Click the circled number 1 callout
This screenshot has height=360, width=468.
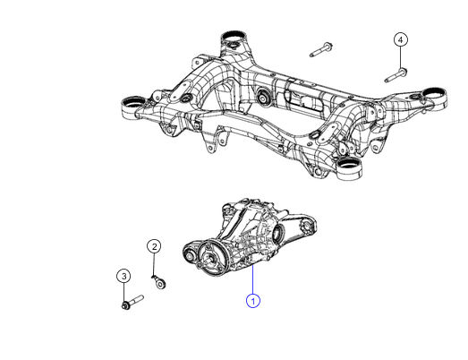pyautogui.click(x=253, y=301)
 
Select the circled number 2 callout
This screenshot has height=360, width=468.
pyautogui.click(x=154, y=246)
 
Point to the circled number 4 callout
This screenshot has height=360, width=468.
pyautogui.click(x=401, y=39)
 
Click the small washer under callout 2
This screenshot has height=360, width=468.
pyautogui.click(x=161, y=283)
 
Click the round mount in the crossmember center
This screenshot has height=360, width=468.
pyautogui.click(x=265, y=97)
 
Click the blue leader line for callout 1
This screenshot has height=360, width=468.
pyautogui.click(x=253, y=278)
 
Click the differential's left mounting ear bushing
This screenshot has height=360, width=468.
pyautogui.click(x=190, y=254)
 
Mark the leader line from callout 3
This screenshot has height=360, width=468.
pyautogui.click(x=124, y=291)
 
